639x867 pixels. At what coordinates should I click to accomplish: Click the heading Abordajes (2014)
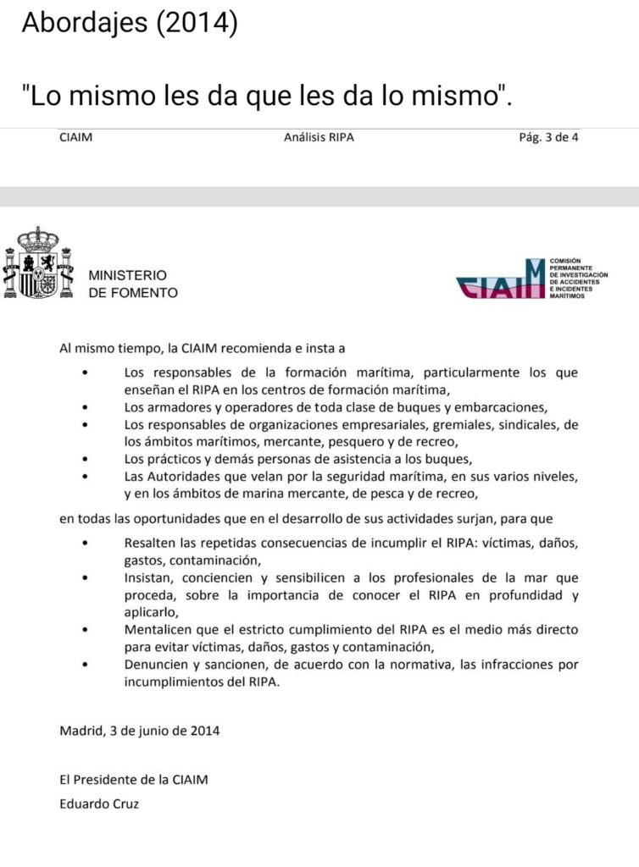pyautogui.click(x=129, y=24)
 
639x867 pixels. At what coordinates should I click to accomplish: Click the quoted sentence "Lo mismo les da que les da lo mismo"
pyautogui.click(x=267, y=96)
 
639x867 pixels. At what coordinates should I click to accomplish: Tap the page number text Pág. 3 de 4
pyautogui.click(x=547, y=137)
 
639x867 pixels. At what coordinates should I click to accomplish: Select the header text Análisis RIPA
pyautogui.click(x=319, y=137)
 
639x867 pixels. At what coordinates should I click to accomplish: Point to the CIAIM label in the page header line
pyautogui.click(x=76, y=137)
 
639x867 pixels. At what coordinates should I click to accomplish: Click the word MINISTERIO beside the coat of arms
pyautogui.click(x=128, y=276)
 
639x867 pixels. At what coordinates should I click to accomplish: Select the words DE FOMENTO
pyautogui.click(x=133, y=293)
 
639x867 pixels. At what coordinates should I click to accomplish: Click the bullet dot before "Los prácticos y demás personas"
pyautogui.click(x=85, y=460)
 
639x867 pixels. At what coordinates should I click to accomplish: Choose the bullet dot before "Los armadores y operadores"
pyautogui.click(x=85, y=407)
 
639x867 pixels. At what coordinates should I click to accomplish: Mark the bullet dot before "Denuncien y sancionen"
pyautogui.click(x=85, y=665)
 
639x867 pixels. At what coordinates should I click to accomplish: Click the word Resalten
pyautogui.click(x=151, y=543)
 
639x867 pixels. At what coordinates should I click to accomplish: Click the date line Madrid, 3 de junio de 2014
pyautogui.click(x=140, y=730)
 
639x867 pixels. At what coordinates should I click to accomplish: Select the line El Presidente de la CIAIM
pyautogui.click(x=133, y=780)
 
